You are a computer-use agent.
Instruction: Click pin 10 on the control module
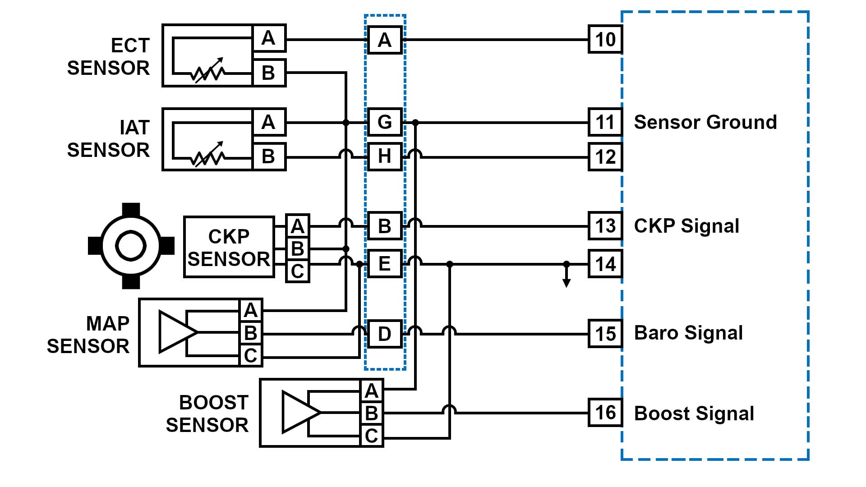coord(605,40)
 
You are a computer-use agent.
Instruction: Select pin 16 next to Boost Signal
coord(605,413)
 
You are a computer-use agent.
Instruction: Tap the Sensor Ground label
coord(705,122)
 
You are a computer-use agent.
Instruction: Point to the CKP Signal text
coord(686,226)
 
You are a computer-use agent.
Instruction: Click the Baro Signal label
coord(688,333)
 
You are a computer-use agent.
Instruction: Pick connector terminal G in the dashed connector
coord(384,122)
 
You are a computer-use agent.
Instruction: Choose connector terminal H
coord(384,157)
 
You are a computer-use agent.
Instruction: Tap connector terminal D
coord(384,334)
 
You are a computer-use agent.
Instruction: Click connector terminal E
coord(384,264)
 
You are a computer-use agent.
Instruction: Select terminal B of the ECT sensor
coord(268,73)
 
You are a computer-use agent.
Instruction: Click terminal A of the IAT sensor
coord(268,122)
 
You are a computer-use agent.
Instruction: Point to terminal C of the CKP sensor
coord(297,271)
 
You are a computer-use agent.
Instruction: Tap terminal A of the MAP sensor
coord(250,310)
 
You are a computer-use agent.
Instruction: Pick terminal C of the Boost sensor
coord(371,436)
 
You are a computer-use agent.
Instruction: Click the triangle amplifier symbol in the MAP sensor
coord(176,332)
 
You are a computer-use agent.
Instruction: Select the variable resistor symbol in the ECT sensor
coord(208,71)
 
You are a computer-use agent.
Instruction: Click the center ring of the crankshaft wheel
coord(131,246)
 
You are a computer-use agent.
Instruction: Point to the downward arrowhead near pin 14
coord(567,283)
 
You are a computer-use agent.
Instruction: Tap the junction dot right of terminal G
coord(415,122)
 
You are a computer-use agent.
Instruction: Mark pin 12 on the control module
coord(605,157)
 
